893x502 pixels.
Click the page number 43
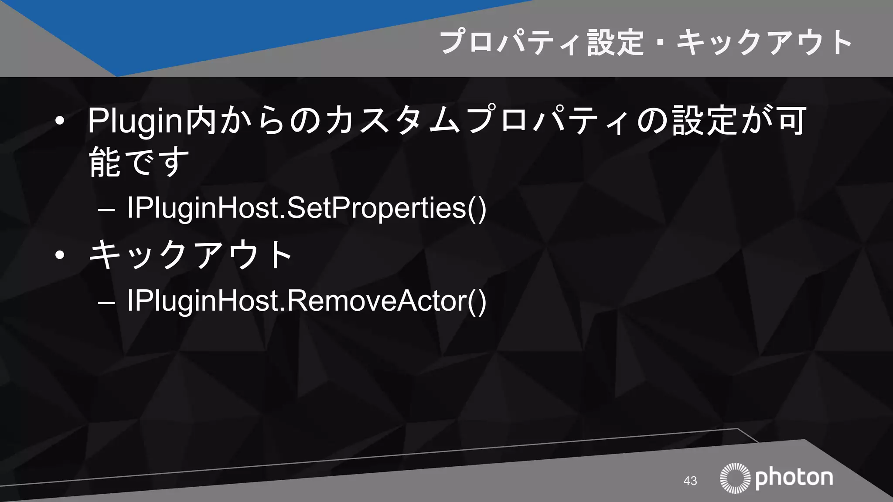click(x=690, y=481)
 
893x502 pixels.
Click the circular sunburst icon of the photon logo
click(x=735, y=478)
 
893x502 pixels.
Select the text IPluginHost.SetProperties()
click(x=306, y=208)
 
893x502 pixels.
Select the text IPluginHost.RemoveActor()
click(x=306, y=301)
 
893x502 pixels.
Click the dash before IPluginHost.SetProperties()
click(x=107, y=210)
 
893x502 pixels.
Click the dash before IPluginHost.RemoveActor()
click(x=107, y=302)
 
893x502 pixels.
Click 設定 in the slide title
click(x=615, y=43)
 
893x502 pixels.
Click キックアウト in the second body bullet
click(x=190, y=255)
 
